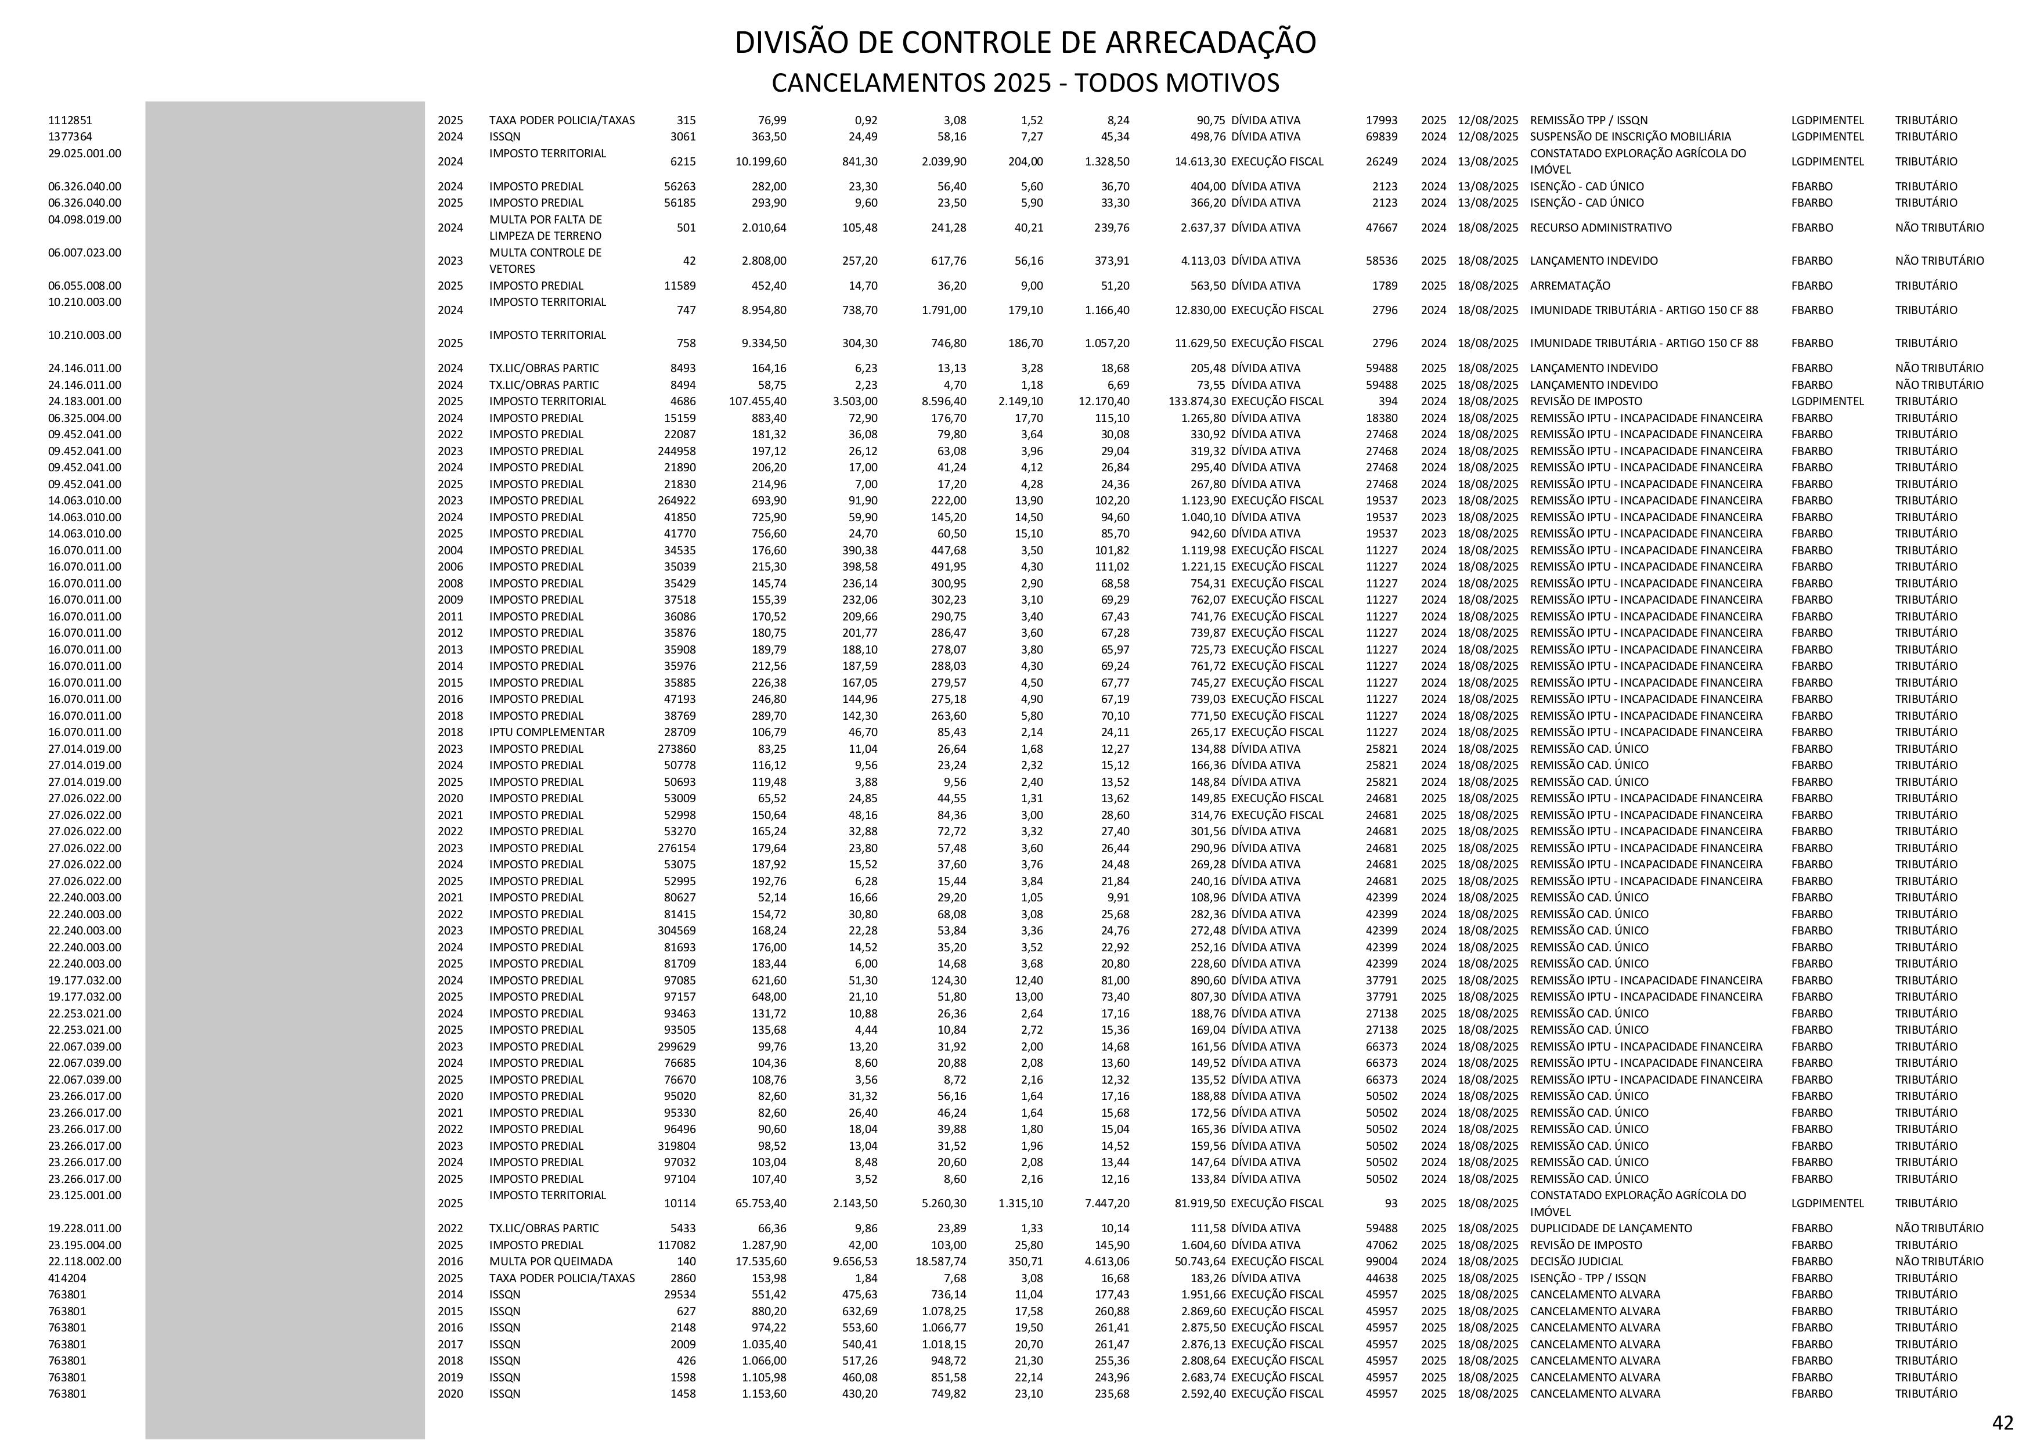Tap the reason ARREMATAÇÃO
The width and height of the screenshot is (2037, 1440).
pos(1570,286)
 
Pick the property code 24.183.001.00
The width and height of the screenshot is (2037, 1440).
pos(85,401)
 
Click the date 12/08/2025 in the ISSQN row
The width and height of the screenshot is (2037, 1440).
pos(1488,136)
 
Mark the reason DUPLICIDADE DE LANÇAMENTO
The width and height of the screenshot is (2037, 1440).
pos(1610,1228)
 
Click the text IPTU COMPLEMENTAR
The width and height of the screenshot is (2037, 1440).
pos(546,732)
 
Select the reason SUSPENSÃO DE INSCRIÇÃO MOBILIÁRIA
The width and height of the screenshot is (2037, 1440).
pos(1630,136)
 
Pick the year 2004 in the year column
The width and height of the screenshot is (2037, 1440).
pos(450,550)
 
